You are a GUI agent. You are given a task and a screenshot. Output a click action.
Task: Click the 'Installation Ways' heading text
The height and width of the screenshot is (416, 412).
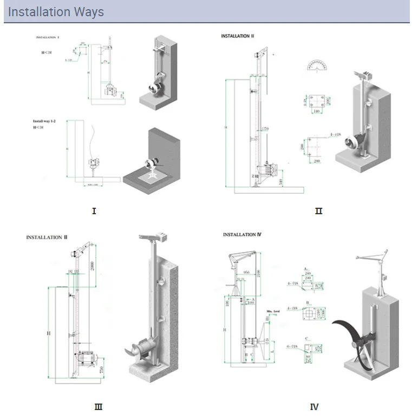click(x=56, y=11)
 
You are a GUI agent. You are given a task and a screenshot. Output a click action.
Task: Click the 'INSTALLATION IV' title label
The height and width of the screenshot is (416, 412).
click(x=243, y=235)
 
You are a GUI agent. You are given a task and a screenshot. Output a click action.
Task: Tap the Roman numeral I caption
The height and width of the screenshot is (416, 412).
click(x=94, y=210)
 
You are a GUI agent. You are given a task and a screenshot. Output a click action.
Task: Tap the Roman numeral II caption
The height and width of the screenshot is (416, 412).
click(x=318, y=210)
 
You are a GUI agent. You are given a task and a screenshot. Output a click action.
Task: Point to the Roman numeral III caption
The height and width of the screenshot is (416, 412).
click(x=98, y=407)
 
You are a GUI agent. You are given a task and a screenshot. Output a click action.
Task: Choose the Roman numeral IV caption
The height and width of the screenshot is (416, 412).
click(x=314, y=407)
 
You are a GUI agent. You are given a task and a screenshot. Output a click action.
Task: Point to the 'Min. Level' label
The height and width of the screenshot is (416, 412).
click(x=272, y=312)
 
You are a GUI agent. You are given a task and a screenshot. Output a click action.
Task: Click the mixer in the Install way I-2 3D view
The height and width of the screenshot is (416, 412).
click(x=151, y=161)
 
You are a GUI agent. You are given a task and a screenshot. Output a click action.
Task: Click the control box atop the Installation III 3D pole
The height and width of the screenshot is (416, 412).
click(x=162, y=236)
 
